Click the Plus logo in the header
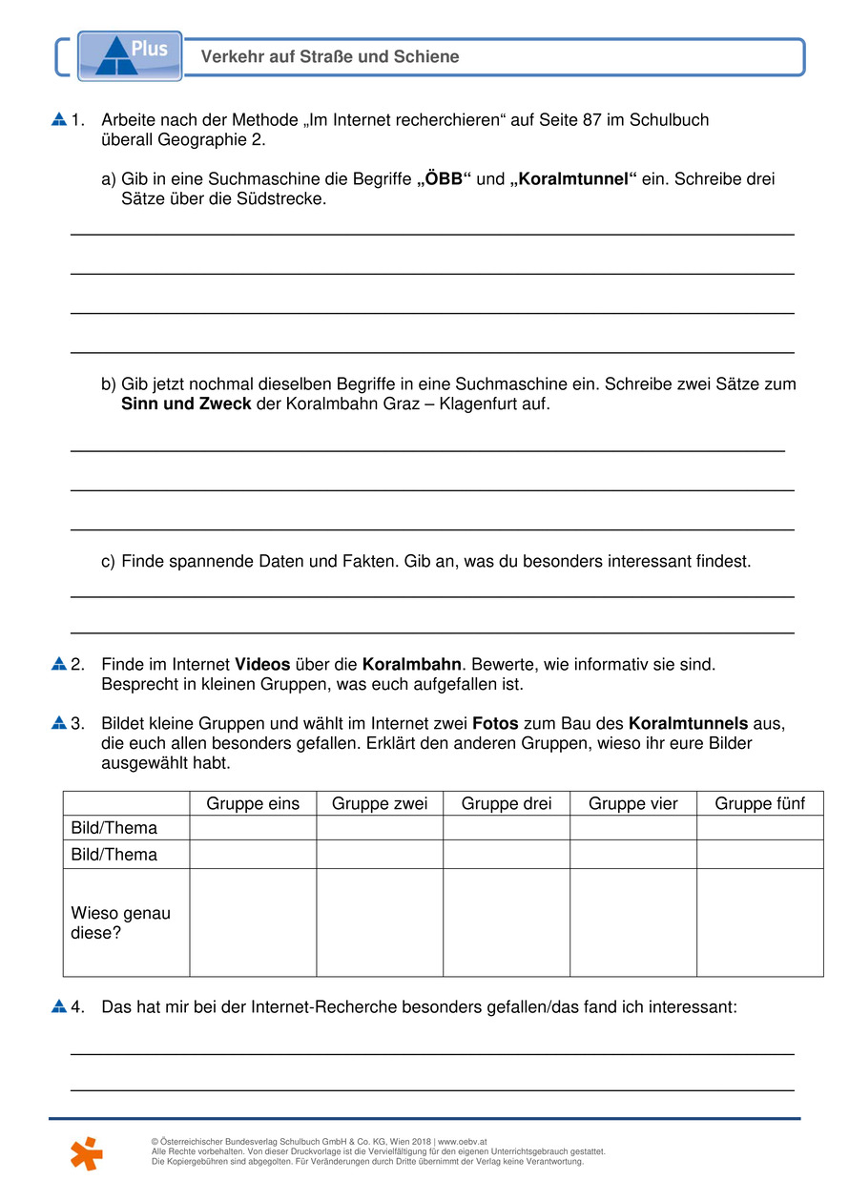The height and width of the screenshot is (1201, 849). [129, 54]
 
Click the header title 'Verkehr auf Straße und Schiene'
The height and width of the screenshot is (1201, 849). [330, 57]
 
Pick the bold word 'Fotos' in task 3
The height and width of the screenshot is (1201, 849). [495, 724]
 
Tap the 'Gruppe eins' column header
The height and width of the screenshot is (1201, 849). [253, 803]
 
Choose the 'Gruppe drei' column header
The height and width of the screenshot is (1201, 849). [507, 803]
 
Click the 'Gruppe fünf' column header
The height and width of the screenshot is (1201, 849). [759, 803]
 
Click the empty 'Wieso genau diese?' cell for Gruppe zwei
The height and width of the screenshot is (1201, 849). [380, 922]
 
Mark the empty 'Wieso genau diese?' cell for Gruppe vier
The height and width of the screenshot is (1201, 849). [633, 922]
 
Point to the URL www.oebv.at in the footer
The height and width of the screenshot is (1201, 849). [463, 1141]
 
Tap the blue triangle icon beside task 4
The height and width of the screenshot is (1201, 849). [59, 1006]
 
